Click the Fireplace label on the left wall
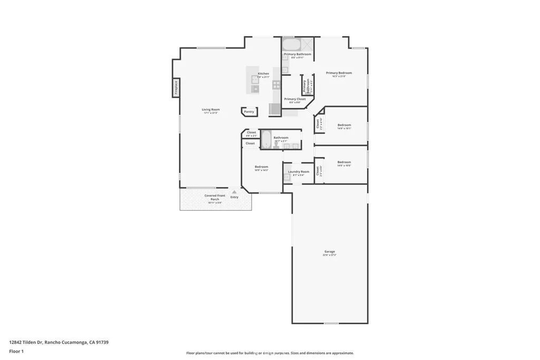[x=176, y=88]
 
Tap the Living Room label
[x=210, y=110]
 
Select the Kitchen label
[x=263, y=74]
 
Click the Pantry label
[x=249, y=112]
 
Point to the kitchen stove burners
[x=276, y=84]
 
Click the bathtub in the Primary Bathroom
[x=291, y=44]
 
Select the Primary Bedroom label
[x=339, y=73]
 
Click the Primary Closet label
[x=295, y=99]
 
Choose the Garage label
[x=330, y=252]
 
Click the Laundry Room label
[x=298, y=172]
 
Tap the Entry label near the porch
[x=234, y=197]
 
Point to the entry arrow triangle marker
[x=234, y=192]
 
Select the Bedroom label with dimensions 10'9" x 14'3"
[x=262, y=167]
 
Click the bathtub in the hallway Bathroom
[x=266, y=140]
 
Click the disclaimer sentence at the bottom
[x=269, y=353]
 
